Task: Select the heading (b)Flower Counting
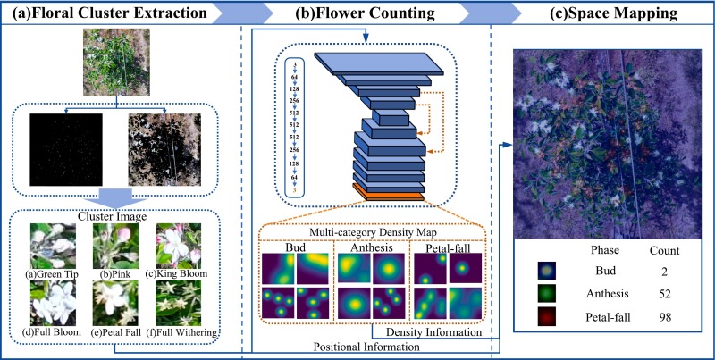[x=366, y=14]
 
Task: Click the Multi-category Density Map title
[x=372, y=231]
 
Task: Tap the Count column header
[x=661, y=250]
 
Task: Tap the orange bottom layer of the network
[x=386, y=194]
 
